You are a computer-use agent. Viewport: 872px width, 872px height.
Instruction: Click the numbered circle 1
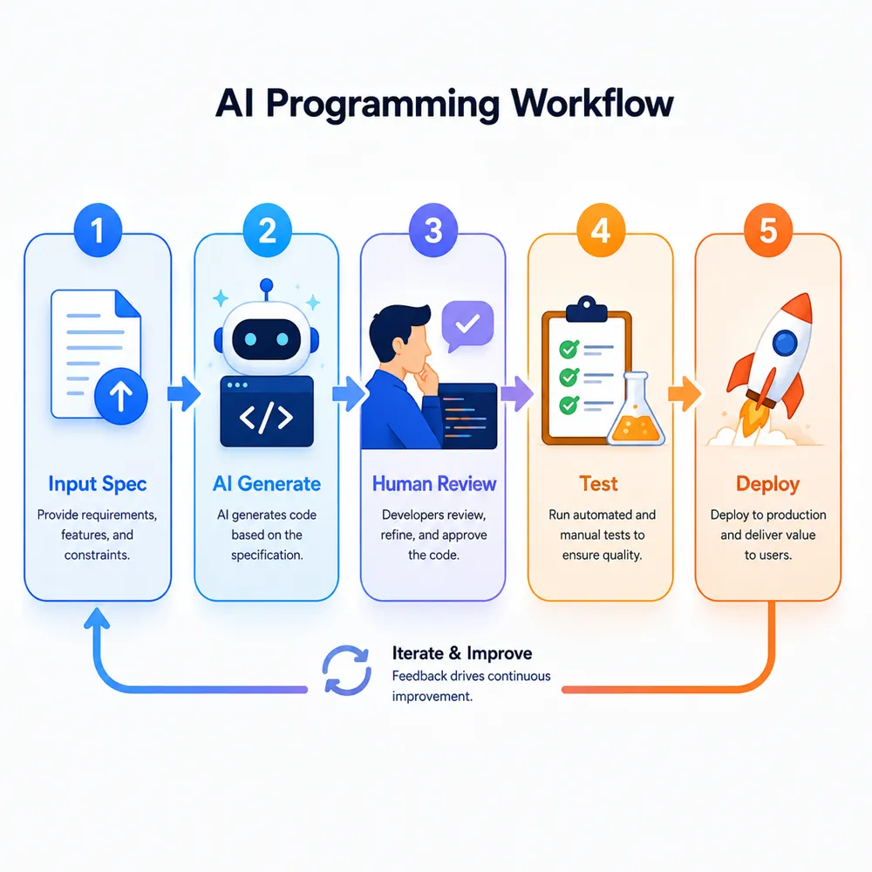pyautogui.click(x=98, y=230)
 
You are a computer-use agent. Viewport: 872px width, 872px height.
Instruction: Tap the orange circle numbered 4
pyautogui.click(x=601, y=230)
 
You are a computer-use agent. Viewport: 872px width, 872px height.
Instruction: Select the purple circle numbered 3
pyautogui.click(x=433, y=230)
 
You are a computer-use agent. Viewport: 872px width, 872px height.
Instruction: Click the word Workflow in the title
pyautogui.click(x=592, y=104)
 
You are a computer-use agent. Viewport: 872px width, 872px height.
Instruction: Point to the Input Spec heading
pyautogui.click(x=98, y=484)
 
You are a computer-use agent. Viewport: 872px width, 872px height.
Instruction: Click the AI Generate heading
pyautogui.click(x=266, y=484)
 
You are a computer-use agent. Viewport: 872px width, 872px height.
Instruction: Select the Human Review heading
pyautogui.click(x=433, y=484)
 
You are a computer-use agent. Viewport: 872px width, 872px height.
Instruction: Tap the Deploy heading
pyautogui.click(x=767, y=484)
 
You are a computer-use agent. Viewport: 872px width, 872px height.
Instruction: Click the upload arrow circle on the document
pyautogui.click(x=121, y=397)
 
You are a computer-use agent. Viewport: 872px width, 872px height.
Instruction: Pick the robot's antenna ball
pyautogui.click(x=267, y=285)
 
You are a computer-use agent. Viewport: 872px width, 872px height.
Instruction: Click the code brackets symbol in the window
pyautogui.click(x=266, y=417)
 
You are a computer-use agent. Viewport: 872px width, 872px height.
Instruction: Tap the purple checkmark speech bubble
pyautogui.click(x=467, y=326)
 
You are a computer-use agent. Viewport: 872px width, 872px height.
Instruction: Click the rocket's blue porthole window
pyautogui.click(x=785, y=342)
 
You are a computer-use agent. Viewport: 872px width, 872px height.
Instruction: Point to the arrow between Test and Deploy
pyautogui.click(x=685, y=394)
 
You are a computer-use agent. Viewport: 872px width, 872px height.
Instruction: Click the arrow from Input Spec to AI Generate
pyautogui.click(x=184, y=394)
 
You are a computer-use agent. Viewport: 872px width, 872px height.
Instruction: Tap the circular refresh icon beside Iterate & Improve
pyautogui.click(x=347, y=670)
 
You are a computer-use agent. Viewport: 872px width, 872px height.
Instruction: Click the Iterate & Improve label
pyautogui.click(x=461, y=653)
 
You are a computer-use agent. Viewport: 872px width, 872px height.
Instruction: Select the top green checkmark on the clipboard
pyautogui.click(x=569, y=350)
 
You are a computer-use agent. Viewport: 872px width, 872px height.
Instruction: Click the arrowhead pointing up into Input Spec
pyautogui.click(x=98, y=618)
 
